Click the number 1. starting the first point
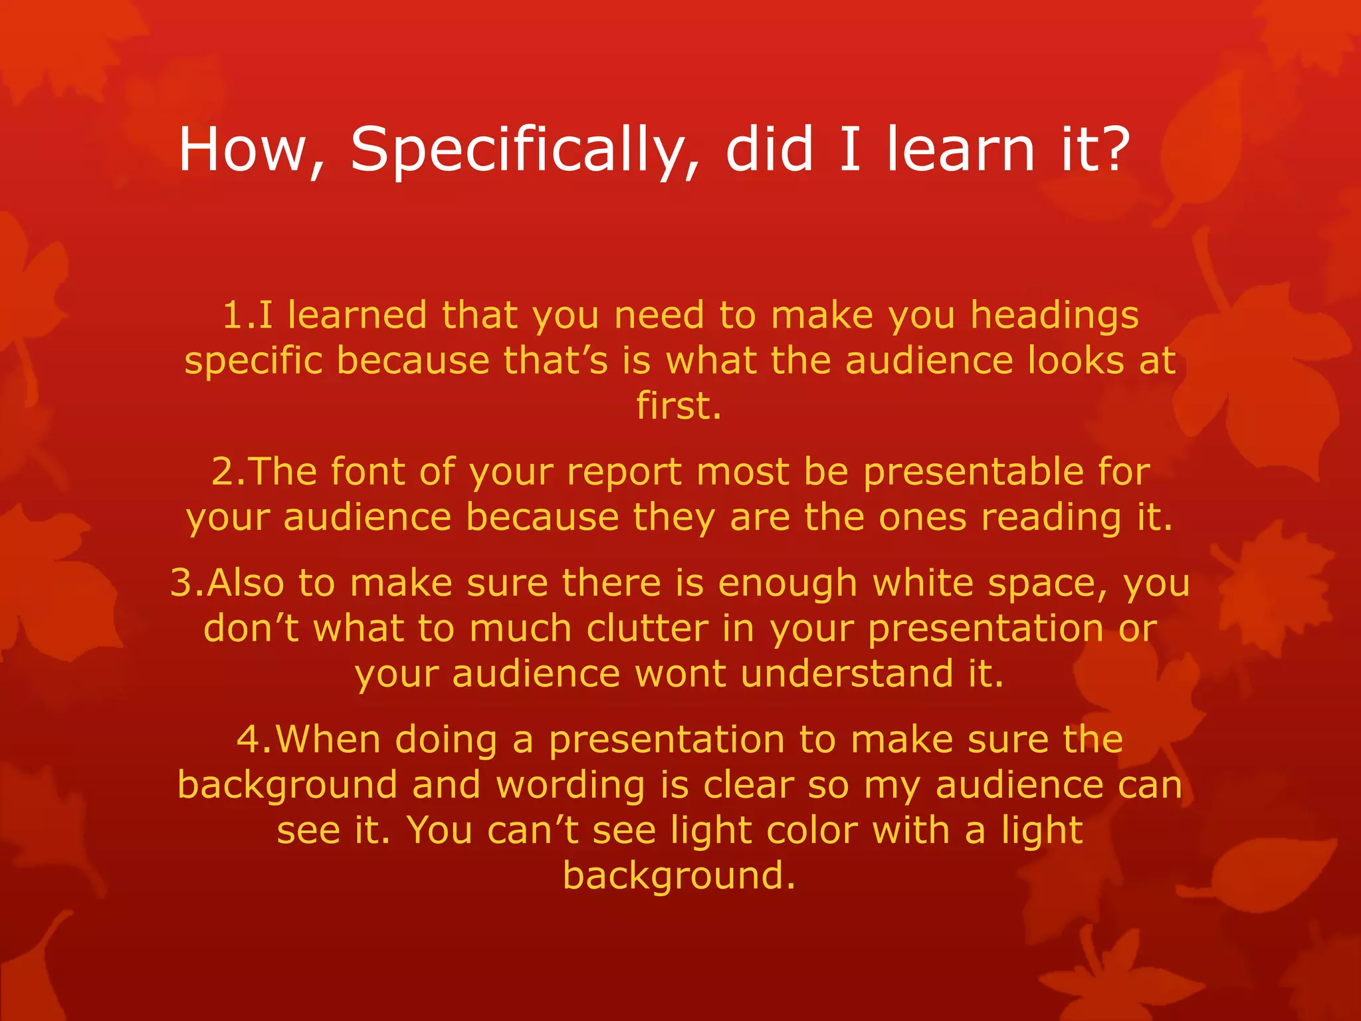(239, 315)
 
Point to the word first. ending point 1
(679, 405)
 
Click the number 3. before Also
(188, 583)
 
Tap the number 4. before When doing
(254, 739)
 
